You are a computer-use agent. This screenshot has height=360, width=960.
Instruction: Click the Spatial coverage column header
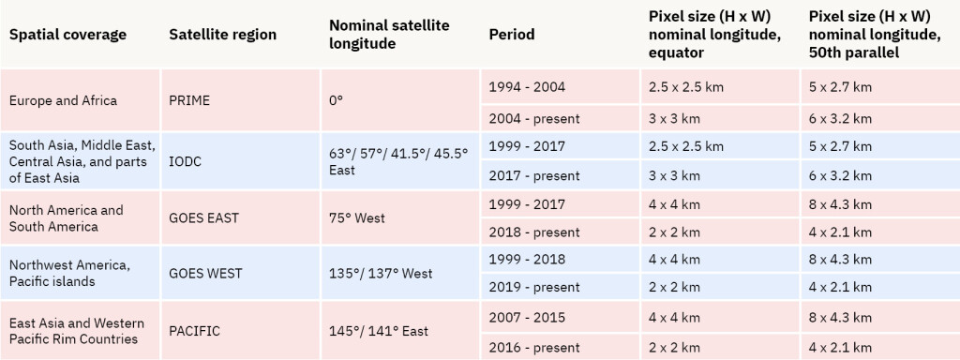[67, 35]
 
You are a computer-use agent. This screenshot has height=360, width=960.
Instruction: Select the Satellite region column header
[222, 35]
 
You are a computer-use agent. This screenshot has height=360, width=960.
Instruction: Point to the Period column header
[512, 35]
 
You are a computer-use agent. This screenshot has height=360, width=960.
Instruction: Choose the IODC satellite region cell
[186, 161]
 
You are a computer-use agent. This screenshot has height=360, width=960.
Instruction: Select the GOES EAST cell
[203, 218]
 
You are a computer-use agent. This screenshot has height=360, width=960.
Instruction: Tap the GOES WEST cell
[205, 274]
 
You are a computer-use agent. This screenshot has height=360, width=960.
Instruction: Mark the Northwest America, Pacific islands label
[70, 274]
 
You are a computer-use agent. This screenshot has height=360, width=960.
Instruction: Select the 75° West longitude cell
[356, 218]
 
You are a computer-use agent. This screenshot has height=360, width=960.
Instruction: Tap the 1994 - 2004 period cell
[527, 86]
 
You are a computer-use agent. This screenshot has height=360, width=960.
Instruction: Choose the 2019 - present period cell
[534, 287]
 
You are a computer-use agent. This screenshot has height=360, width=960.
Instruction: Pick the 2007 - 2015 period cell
[527, 316]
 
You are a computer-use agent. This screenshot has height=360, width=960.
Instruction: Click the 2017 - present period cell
[534, 175]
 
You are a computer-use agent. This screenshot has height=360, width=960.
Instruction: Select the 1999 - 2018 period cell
[527, 260]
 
